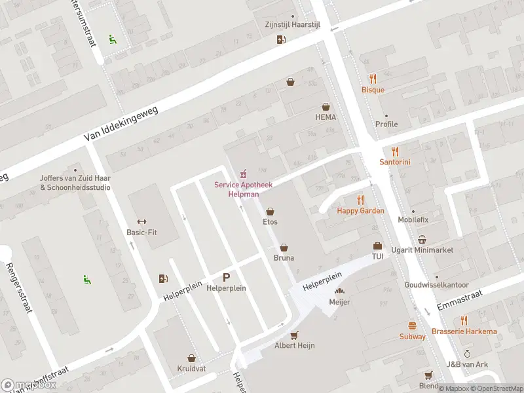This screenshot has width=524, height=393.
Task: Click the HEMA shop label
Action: [326, 117]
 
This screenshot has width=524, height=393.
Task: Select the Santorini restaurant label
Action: [395, 162]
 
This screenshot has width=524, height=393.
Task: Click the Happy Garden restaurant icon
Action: [360, 199]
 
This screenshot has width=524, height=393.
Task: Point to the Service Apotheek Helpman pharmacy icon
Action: [243, 174]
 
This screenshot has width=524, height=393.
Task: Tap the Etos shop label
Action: [270, 222]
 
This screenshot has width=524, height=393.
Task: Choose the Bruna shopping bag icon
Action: [284, 247]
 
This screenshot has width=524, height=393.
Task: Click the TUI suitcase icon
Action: [377, 246]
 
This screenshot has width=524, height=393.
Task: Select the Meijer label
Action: [340, 302]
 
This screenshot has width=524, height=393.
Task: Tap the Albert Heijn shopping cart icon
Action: [294, 334]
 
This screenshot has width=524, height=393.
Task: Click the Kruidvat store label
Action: [191, 369]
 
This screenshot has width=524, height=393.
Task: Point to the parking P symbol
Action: [227, 277]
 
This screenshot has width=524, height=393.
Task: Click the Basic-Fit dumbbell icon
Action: [142, 221]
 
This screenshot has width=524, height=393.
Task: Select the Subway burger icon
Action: [413, 326]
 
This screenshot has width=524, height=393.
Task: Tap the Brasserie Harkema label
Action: [464, 331]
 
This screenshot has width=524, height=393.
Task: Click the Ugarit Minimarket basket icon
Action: [422, 240]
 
